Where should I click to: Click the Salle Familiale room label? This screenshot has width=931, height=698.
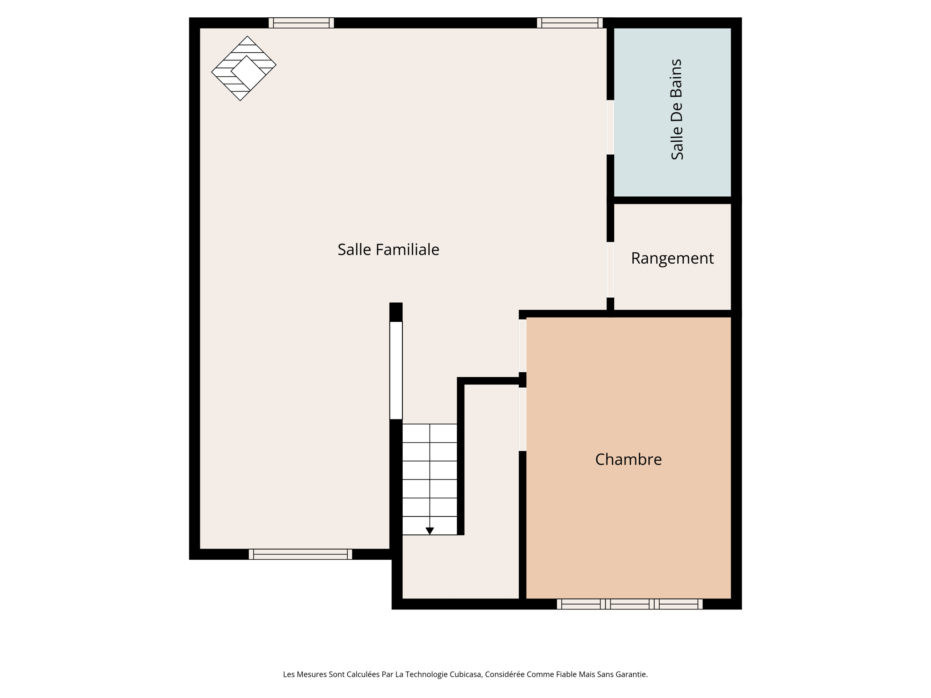tap(388, 249)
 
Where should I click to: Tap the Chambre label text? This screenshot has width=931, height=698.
tap(628, 459)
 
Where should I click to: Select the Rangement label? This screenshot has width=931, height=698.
tap(672, 258)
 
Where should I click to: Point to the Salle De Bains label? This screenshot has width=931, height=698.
tap(677, 110)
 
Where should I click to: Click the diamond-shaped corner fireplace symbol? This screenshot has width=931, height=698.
tap(244, 69)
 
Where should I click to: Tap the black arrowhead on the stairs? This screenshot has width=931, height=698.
tap(430, 531)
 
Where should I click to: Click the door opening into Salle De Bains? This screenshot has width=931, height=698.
tap(611, 127)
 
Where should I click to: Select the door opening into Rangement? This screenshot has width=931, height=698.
tap(611, 269)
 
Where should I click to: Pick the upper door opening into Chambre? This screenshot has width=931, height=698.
tap(523, 345)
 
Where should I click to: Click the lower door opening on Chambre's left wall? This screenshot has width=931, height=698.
tap(523, 419)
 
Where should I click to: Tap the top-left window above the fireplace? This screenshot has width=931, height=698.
tap(301, 23)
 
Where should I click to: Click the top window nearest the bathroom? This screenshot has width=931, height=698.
tap(570, 23)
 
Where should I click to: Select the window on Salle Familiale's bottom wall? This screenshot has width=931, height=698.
tap(300, 554)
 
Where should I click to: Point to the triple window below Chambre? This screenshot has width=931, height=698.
tap(630, 604)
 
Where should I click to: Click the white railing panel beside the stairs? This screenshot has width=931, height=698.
tap(396, 370)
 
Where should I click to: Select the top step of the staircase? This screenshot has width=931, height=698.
tap(430, 433)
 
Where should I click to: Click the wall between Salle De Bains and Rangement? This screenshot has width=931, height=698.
tap(672, 200)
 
